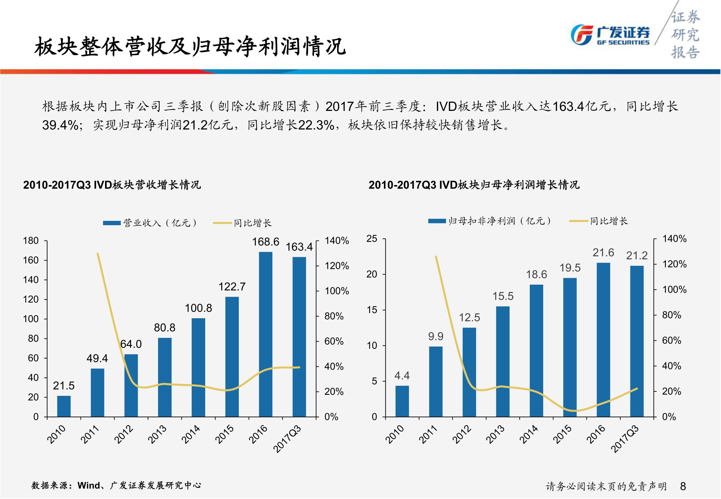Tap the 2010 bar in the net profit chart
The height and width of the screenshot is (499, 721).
(x=402, y=401)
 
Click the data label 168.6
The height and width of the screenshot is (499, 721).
(x=266, y=242)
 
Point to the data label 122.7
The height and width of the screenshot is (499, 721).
(x=232, y=287)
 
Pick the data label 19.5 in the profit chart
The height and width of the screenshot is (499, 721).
(x=570, y=268)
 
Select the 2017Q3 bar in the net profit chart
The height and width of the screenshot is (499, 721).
(x=637, y=341)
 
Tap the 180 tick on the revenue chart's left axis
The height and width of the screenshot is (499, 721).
(x=31, y=241)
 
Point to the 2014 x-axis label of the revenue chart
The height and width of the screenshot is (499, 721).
(x=191, y=435)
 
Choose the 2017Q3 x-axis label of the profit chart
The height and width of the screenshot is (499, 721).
(x=625, y=439)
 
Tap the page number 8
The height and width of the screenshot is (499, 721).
(x=683, y=486)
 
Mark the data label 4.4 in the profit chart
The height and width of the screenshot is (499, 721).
(x=402, y=375)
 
